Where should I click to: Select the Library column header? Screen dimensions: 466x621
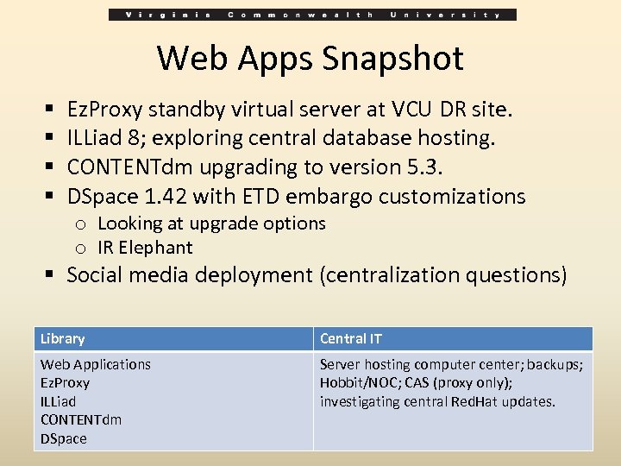(62, 339)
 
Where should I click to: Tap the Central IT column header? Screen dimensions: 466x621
(350, 339)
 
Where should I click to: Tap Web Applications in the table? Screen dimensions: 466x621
(96, 364)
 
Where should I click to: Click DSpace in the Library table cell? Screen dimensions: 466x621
(64, 438)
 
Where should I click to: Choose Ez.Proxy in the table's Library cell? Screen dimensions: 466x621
(65, 383)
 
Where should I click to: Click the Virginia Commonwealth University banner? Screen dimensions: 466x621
(312, 15)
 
